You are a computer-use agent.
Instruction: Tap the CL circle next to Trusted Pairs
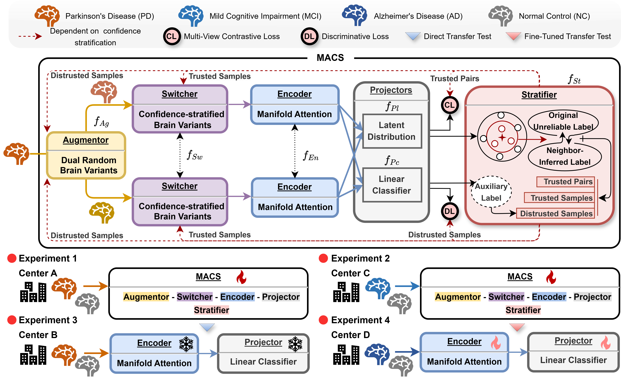[x=450, y=105]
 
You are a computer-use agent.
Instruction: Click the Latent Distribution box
[x=392, y=131]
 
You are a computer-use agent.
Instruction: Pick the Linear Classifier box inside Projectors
[x=392, y=185]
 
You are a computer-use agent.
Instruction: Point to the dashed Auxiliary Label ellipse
[x=491, y=192]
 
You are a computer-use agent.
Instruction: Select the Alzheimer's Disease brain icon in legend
[x=354, y=15]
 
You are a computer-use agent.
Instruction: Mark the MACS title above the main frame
[x=330, y=58]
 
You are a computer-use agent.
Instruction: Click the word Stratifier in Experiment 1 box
[x=211, y=310]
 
